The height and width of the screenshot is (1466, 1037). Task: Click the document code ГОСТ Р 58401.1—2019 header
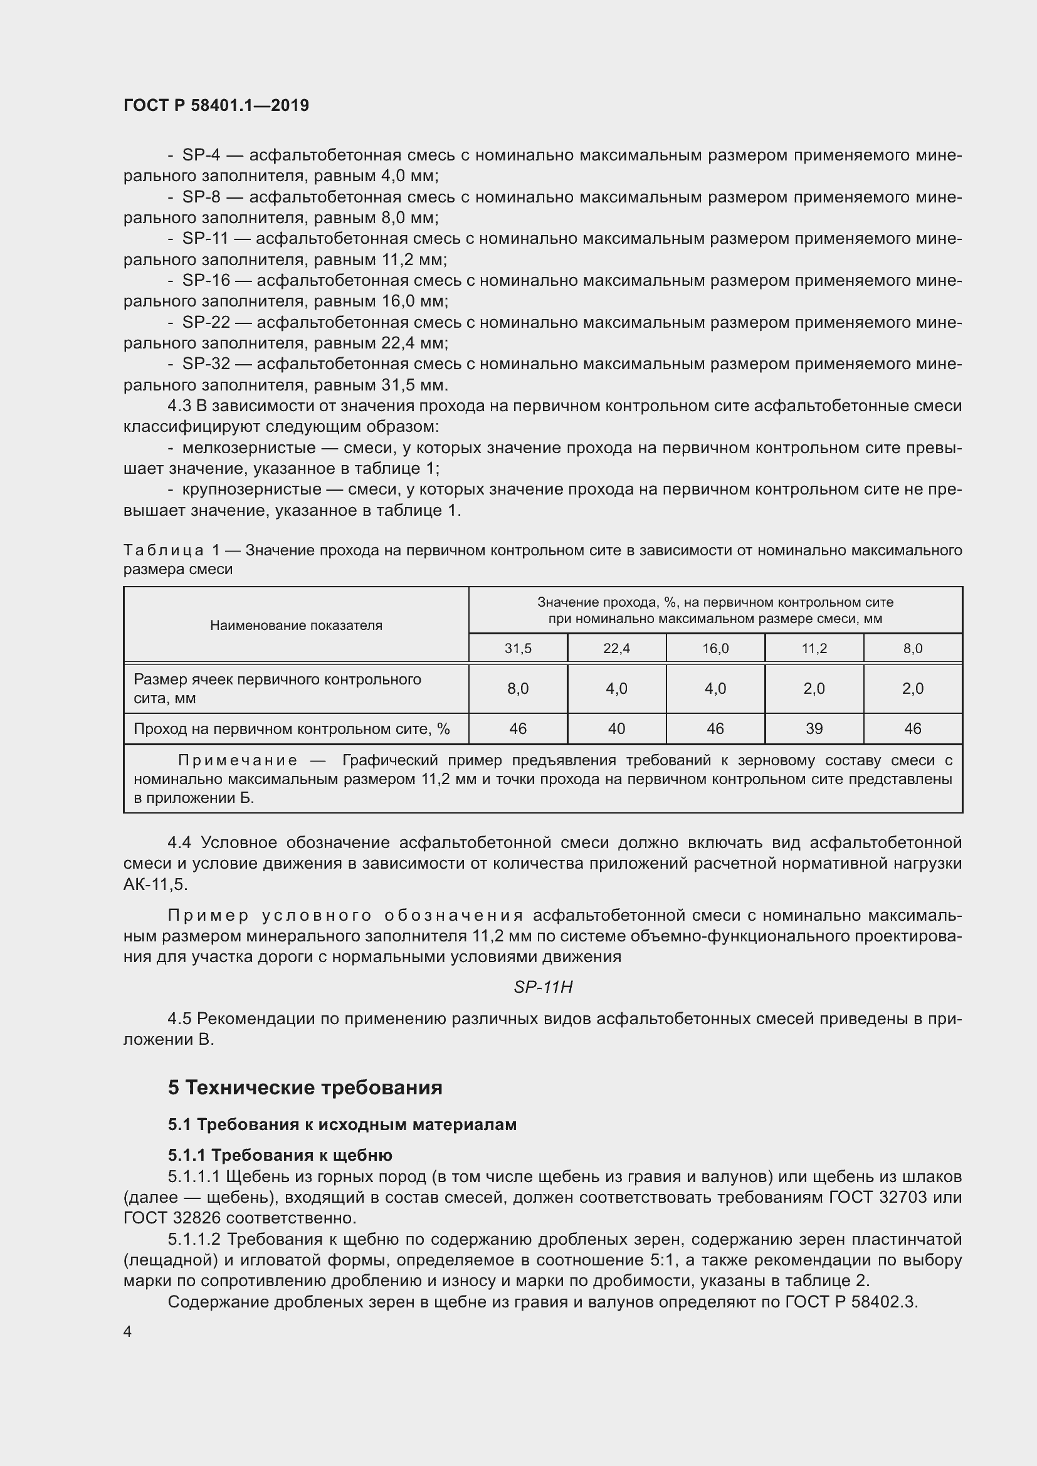216,105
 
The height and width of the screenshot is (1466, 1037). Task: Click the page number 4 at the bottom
128,1331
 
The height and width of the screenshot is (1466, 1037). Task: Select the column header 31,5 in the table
518,649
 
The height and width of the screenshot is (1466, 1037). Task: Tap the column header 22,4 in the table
616,649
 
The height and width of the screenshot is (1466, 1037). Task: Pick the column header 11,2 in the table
814,649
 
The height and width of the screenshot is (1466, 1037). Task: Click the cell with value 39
814,728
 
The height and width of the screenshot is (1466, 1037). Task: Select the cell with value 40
616,728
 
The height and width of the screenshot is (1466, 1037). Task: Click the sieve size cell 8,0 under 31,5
518,688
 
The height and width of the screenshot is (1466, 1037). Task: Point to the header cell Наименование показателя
297,626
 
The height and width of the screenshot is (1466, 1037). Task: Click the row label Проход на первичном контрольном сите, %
292,728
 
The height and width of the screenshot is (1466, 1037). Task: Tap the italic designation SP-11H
543,987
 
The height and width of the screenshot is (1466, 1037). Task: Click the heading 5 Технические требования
305,1087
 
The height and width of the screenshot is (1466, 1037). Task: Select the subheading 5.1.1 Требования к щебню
280,1155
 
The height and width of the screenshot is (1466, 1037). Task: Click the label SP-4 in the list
201,155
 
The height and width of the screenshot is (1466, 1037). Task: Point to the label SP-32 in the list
206,364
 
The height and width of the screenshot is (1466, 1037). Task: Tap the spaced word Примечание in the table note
238,760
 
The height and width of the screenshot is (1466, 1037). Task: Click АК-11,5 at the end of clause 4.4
155,884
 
